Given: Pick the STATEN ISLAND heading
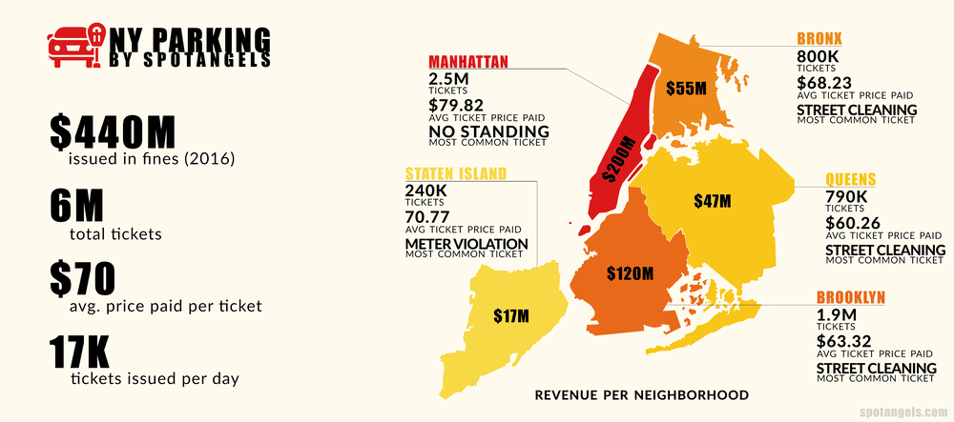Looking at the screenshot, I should pyautogui.click(x=456, y=174).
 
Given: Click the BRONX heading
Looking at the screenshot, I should pyautogui.click(x=819, y=39).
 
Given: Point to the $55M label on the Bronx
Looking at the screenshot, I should pyautogui.click(x=685, y=89).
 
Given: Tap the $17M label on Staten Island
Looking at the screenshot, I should pyautogui.click(x=510, y=316).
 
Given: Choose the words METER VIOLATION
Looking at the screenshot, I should pyautogui.click(x=466, y=244).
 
